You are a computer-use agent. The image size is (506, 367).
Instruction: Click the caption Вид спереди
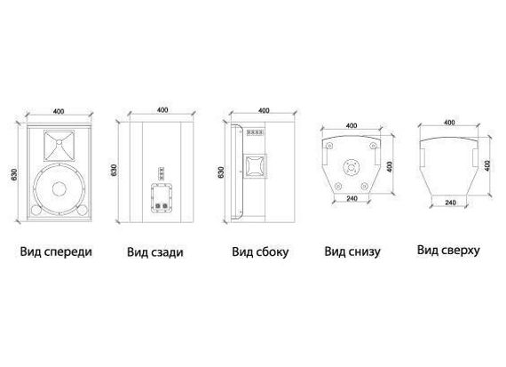point(56,251)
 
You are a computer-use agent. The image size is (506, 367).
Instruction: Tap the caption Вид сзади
point(155,252)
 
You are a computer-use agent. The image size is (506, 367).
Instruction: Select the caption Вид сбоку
point(260,252)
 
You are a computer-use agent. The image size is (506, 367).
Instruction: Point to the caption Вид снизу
point(352,251)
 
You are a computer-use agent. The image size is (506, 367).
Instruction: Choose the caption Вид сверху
point(448,250)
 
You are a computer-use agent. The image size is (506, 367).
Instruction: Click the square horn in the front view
point(59,146)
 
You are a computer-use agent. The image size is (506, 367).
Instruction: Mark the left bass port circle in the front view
point(36,211)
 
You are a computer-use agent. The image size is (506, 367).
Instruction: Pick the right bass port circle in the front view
point(83,211)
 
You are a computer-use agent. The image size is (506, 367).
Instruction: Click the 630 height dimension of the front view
point(14,174)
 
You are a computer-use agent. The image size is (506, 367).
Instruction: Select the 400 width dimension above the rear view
point(162,110)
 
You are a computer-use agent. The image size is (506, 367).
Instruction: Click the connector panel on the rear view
point(161,198)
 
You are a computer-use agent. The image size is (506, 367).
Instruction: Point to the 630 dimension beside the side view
point(221,172)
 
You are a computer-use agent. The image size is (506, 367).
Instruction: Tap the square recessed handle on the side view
point(255,167)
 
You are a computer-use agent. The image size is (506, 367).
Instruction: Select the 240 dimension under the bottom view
point(352,198)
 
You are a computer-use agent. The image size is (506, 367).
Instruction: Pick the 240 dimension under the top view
point(450,203)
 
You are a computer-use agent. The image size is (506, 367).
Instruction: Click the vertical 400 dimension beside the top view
point(487,166)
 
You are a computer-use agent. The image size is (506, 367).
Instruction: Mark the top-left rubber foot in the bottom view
point(329,146)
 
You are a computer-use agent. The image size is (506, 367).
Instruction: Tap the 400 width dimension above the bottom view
point(352,125)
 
